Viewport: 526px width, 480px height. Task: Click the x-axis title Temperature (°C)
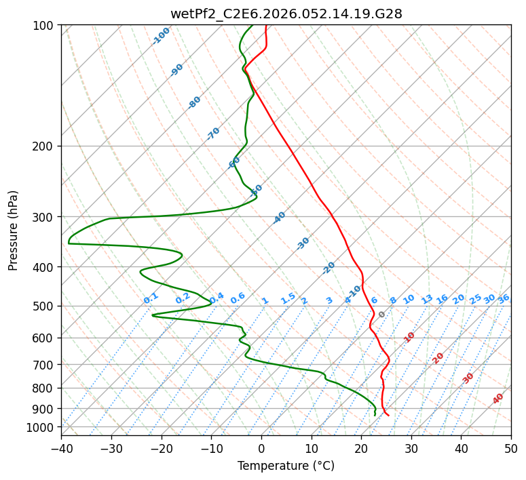pyautogui.click(x=286, y=466)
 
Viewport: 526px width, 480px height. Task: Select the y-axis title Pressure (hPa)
pyautogui.click(x=14, y=231)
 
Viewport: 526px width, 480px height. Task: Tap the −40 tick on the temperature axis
pyautogui.click(x=61, y=448)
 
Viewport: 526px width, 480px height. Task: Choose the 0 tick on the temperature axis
pyautogui.click(x=261, y=448)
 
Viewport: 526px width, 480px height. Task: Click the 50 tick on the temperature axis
pyautogui.click(x=511, y=448)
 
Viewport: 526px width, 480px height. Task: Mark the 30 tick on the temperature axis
pyautogui.click(x=411, y=448)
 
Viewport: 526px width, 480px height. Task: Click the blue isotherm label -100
pyautogui.click(x=161, y=36)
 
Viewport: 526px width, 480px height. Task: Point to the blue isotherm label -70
pyautogui.click(x=213, y=134)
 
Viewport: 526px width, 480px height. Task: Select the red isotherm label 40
pyautogui.click(x=498, y=399)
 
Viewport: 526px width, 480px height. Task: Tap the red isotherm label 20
pyautogui.click(x=438, y=357)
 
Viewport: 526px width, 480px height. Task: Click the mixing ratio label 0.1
pyautogui.click(x=151, y=298)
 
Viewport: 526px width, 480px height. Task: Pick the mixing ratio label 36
pyautogui.click(x=504, y=298)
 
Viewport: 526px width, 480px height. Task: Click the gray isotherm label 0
pyautogui.click(x=381, y=315)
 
